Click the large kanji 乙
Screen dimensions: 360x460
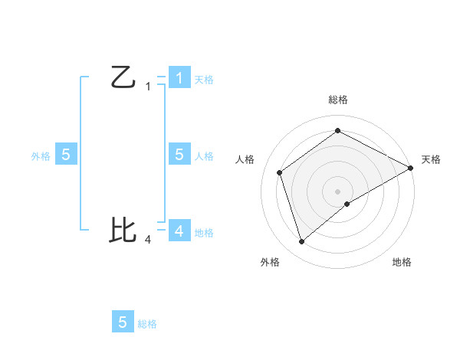coord(123,77)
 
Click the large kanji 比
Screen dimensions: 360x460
coord(123,229)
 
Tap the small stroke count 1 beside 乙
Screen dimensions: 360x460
coord(148,87)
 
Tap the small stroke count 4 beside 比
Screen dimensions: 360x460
coord(148,239)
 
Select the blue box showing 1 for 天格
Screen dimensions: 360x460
coord(179,77)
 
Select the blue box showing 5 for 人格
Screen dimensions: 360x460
coord(179,154)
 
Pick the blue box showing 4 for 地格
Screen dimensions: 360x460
coord(179,230)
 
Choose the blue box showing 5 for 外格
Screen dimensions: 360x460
coord(66,154)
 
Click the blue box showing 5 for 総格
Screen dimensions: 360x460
coord(123,322)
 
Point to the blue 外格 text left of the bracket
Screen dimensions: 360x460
coord(41,155)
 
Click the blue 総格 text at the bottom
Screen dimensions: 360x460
coord(147,324)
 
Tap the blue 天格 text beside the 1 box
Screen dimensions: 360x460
coord(204,80)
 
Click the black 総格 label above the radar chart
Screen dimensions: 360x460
coord(337,100)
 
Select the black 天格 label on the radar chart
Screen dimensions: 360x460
coord(432,159)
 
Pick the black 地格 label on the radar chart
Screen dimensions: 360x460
coord(402,262)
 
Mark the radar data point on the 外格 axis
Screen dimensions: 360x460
coord(301,242)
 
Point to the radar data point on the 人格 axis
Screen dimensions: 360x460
coord(279,172)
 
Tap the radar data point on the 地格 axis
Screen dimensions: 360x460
coord(347,204)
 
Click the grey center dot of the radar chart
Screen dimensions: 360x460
coord(337,191)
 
